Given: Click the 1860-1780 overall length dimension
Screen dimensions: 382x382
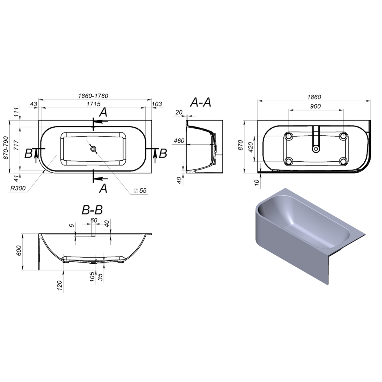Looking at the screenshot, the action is pos(93,96).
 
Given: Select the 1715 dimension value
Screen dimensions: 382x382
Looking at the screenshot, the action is pos(93,104).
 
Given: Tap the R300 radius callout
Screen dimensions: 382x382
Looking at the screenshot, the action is pos(18,188).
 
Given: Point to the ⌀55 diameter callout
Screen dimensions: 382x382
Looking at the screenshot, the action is pos(140,190).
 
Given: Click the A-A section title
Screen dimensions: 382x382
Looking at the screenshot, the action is pos(200,102).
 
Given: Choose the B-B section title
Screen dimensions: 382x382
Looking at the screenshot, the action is pos(92,210).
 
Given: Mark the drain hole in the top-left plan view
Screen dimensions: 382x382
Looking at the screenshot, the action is pos(93,149).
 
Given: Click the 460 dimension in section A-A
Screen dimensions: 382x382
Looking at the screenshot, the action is pos(179,141).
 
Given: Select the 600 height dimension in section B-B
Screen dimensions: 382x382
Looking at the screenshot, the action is pos(19,251).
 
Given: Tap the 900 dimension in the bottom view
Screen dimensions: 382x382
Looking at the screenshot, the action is pos(315,106).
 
